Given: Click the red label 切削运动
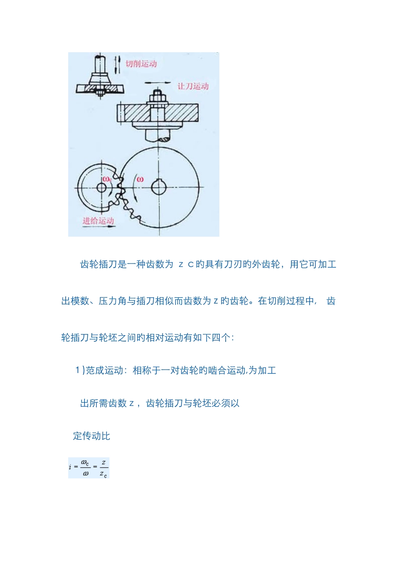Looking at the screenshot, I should point(141,64).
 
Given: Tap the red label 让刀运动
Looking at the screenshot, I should point(193,86).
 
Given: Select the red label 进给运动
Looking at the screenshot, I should point(98,220).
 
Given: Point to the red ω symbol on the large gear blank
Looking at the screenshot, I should point(140,179).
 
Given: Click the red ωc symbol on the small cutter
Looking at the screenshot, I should point(107,179).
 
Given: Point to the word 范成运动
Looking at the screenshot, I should point(104,371).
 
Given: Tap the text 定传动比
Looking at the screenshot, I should point(91,436).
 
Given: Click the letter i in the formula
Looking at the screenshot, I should point(70,467).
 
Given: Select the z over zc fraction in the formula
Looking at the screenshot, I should point(103,468).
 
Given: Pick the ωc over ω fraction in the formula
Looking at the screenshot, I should point(85,468).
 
